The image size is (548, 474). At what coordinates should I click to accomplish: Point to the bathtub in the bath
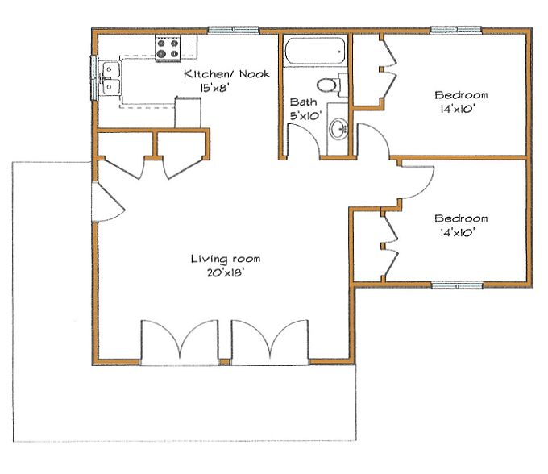[313, 52]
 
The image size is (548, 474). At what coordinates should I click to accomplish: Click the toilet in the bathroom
[330, 84]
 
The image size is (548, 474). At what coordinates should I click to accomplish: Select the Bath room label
[303, 102]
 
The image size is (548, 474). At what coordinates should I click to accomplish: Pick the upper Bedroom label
[460, 93]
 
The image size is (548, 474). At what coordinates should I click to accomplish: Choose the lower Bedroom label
[460, 218]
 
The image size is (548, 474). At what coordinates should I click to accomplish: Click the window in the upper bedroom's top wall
[457, 31]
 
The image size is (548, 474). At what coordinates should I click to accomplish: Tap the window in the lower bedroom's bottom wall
[457, 285]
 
